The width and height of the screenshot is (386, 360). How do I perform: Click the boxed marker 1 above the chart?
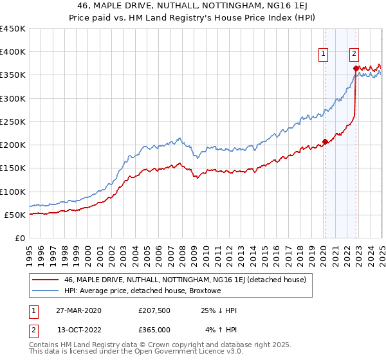(x=322, y=55)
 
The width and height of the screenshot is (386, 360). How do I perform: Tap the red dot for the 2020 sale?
(x=325, y=141)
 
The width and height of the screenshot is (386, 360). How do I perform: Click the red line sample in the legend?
(x=46, y=280)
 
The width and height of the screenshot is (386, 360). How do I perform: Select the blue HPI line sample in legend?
(x=46, y=291)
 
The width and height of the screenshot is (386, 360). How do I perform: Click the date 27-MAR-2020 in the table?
(x=78, y=310)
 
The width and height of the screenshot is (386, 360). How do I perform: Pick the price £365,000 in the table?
(x=154, y=330)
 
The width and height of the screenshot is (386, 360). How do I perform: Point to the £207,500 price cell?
(x=154, y=310)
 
